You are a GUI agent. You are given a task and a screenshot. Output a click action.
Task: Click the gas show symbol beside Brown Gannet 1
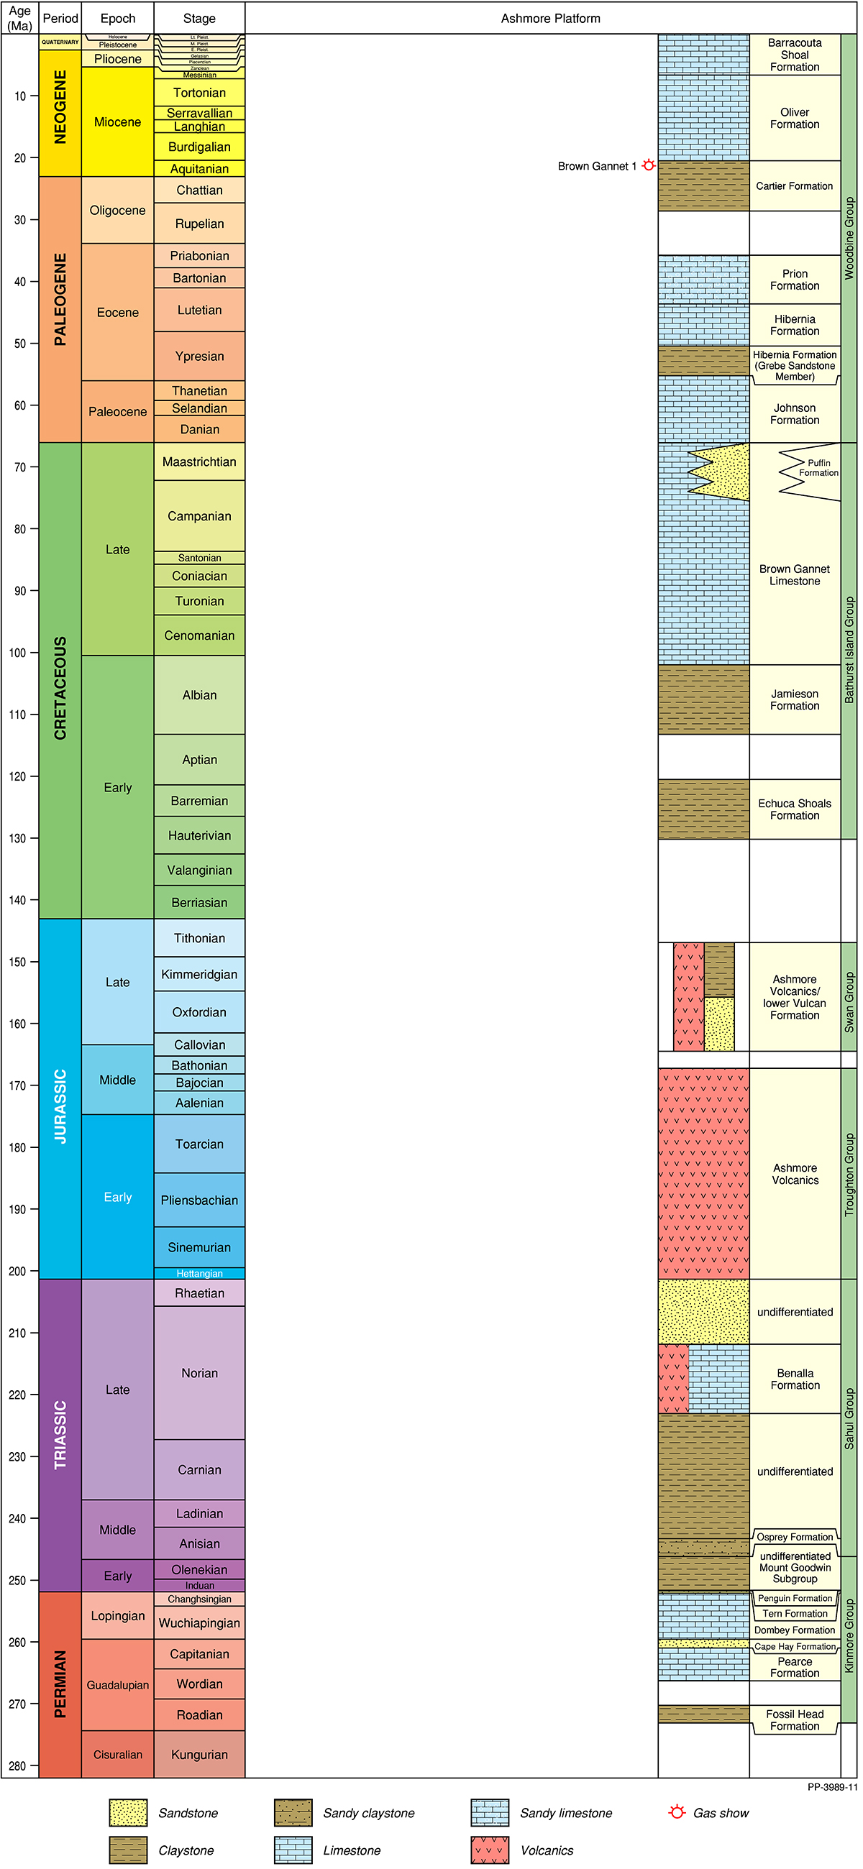(649, 165)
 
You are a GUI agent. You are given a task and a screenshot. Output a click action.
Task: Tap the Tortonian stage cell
(199, 93)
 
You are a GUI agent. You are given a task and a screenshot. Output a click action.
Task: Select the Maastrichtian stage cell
(199, 461)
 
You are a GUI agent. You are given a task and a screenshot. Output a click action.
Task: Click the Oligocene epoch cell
(117, 211)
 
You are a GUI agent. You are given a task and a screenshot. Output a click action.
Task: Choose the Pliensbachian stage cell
(199, 1200)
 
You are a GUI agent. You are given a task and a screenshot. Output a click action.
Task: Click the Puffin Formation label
(818, 468)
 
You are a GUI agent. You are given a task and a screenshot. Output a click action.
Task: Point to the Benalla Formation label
(795, 1379)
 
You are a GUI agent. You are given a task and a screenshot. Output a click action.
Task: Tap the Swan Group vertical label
(849, 1002)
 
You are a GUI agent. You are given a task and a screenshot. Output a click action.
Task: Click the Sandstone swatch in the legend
(129, 1812)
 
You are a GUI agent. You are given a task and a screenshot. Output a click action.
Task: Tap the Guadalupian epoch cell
(117, 1685)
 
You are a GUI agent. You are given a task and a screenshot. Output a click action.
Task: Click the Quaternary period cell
(60, 42)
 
